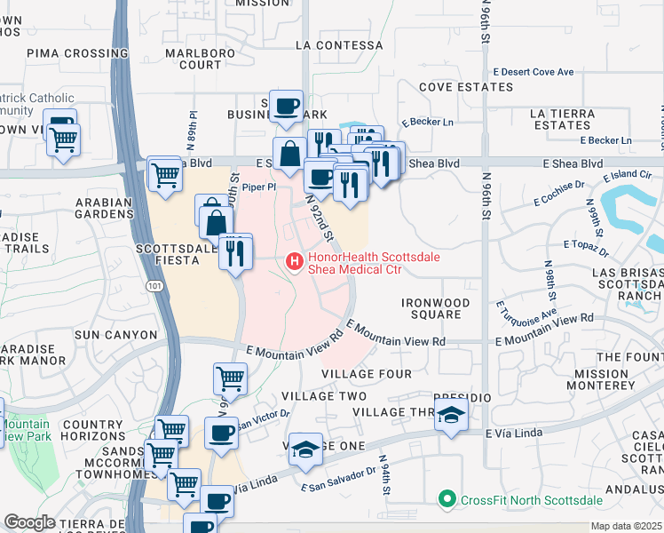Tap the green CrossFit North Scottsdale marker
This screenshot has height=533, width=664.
click(447, 499)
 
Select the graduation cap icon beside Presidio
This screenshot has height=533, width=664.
click(452, 415)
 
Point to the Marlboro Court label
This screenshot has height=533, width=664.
click(194, 59)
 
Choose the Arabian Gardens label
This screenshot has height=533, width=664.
click(103, 208)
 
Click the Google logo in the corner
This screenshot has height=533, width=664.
click(28, 521)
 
